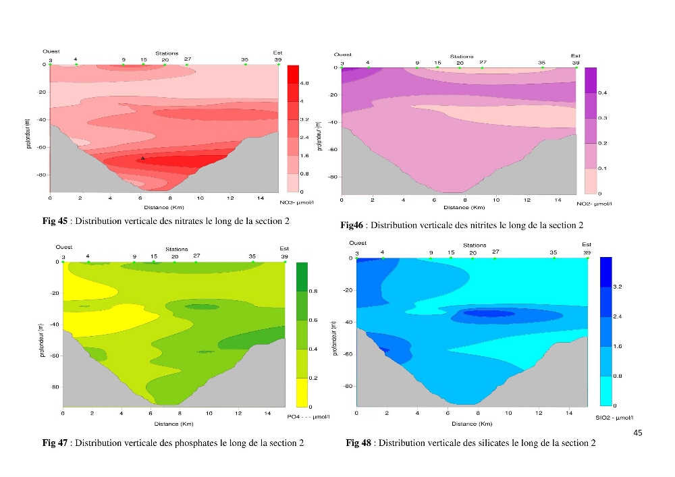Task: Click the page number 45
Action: (x=638, y=432)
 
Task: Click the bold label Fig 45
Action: (x=55, y=221)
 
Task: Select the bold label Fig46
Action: (x=352, y=225)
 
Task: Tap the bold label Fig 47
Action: (x=55, y=443)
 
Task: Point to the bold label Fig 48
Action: (x=358, y=443)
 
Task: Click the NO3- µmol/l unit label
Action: (x=296, y=202)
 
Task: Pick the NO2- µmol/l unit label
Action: (x=594, y=204)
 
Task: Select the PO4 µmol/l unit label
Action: (x=308, y=417)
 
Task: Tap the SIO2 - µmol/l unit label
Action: (x=614, y=418)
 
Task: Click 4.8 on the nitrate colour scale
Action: (x=304, y=83)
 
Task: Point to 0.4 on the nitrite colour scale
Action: (x=602, y=93)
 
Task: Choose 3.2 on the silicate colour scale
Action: (x=618, y=287)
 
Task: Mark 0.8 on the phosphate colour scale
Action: (x=313, y=291)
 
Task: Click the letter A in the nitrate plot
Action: (x=143, y=159)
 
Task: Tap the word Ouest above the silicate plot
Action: (x=358, y=243)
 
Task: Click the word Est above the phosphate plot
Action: (x=284, y=248)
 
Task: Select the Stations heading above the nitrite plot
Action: (x=462, y=57)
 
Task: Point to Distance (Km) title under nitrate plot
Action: (x=164, y=207)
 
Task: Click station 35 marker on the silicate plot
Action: (x=554, y=258)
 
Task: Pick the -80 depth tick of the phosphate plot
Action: (x=55, y=387)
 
